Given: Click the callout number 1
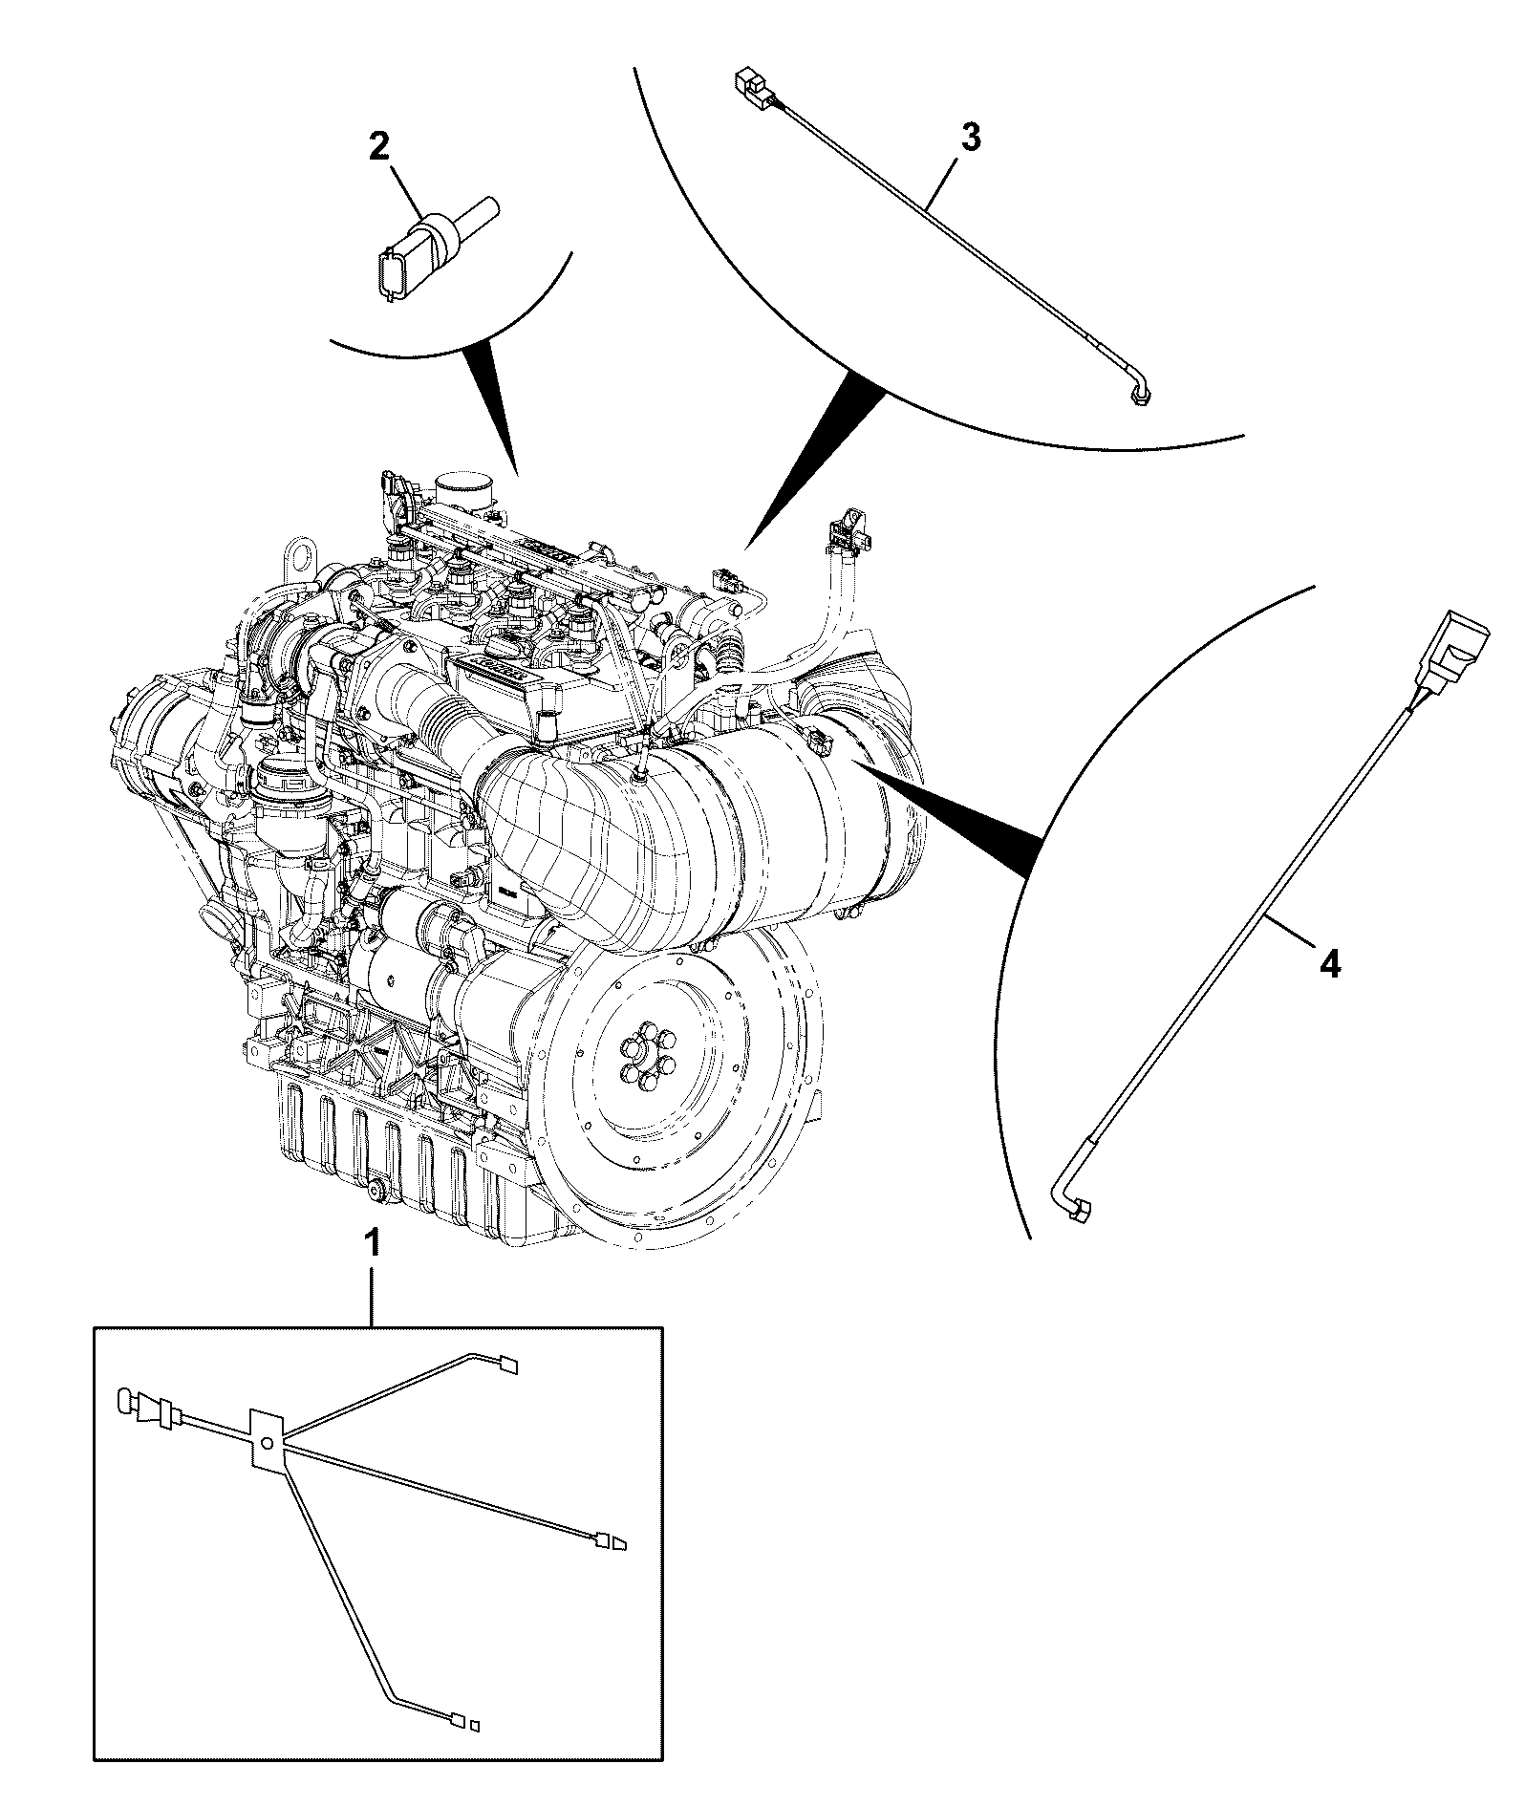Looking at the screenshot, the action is pos(375,1243).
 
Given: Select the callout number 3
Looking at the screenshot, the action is pos(970,138).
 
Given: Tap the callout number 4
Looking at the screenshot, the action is pos(1330,966).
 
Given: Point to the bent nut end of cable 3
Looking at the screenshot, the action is pos(1138,393).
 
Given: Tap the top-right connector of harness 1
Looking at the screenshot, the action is pos(508,1366).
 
